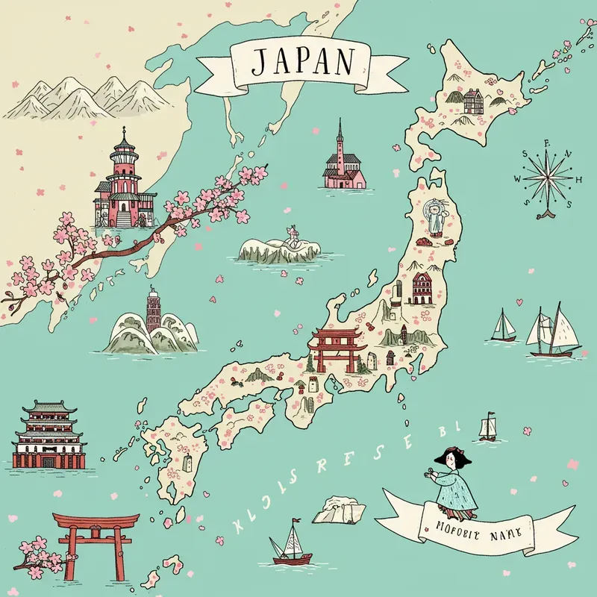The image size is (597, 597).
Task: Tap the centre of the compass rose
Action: [548, 178]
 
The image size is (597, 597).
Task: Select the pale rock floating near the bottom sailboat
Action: [340, 512]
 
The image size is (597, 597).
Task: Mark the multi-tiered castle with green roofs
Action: [47, 437]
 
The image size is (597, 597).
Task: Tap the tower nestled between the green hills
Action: [153, 313]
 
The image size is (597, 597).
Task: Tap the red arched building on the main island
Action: [421, 288]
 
